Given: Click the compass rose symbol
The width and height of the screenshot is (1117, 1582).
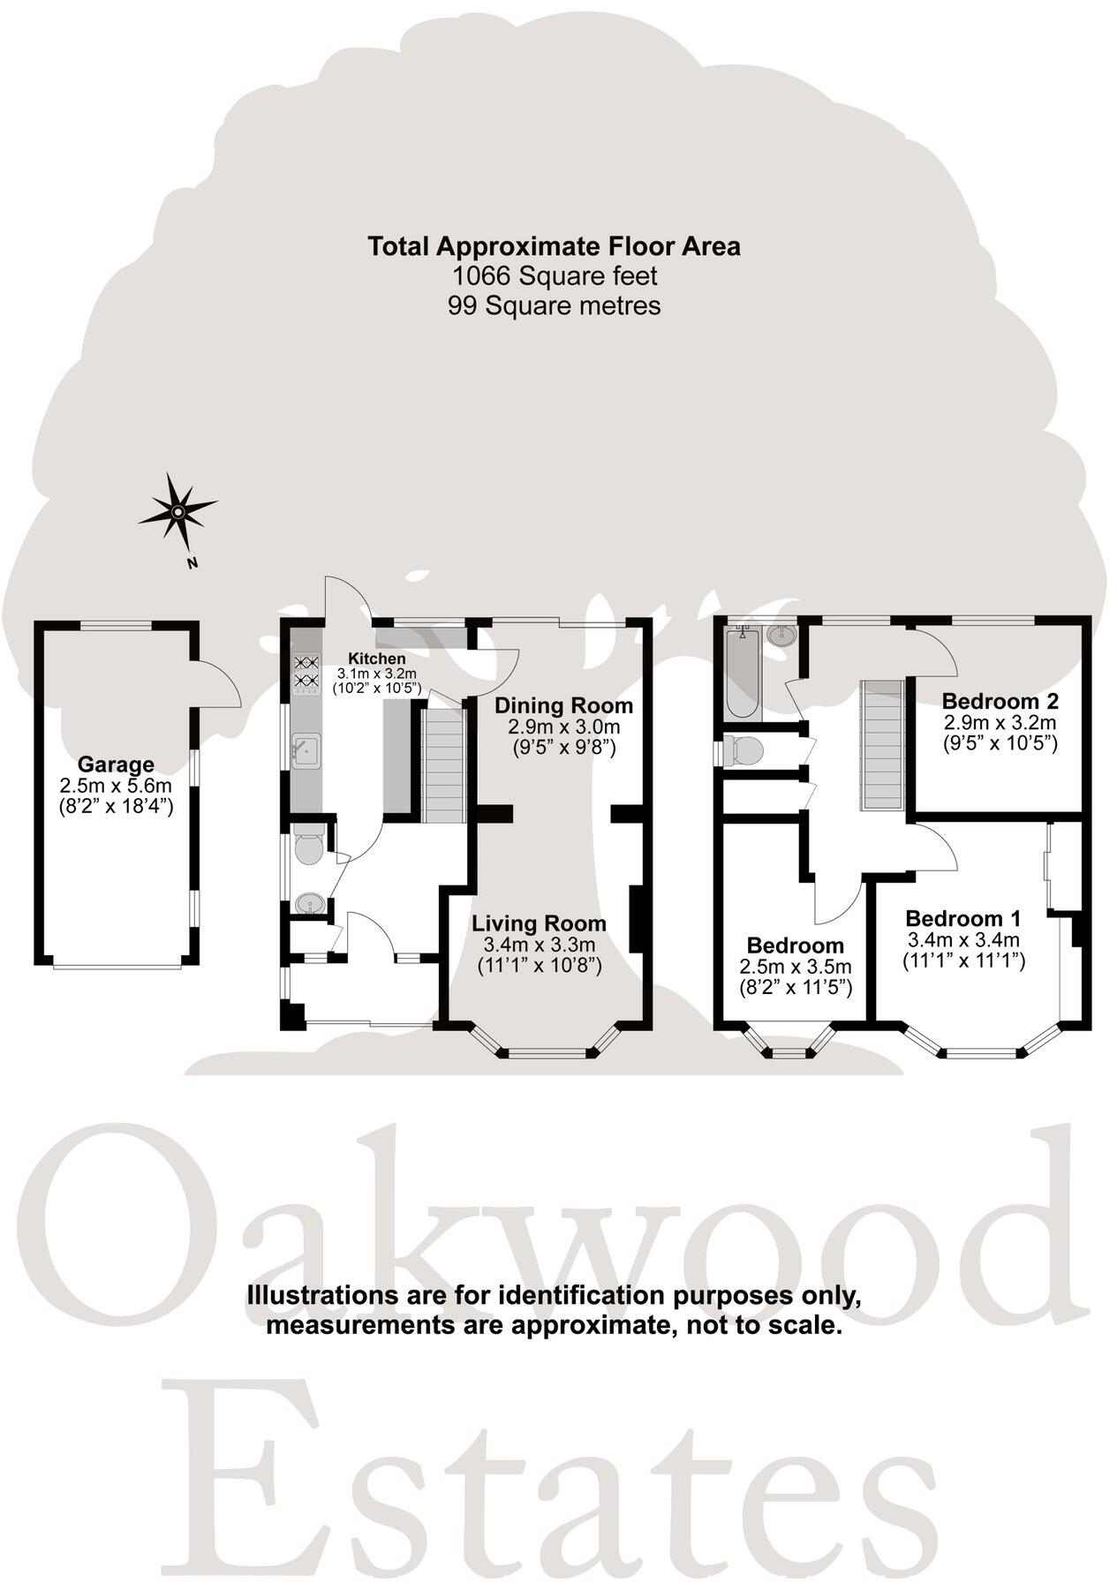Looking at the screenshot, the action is (x=177, y=511).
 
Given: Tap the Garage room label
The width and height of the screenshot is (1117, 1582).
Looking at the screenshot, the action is (x=116, y=765).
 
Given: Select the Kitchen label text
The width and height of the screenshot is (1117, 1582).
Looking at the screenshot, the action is (x=377, y=659).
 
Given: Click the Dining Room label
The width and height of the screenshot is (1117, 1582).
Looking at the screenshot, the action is (x=563, y=705).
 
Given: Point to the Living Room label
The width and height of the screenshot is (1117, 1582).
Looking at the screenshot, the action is (x=539, y=923).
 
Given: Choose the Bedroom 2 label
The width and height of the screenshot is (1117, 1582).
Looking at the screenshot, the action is (x=1000, y=701).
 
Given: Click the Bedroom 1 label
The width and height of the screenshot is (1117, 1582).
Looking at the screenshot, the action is (x=962, y=917).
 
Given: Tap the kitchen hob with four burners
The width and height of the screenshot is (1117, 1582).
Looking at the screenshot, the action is (x=306, y=671).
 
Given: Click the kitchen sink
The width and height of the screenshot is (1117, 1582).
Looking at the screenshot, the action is (x=305, y=750).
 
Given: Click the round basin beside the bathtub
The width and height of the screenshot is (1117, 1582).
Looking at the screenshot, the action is (x=781, y=635).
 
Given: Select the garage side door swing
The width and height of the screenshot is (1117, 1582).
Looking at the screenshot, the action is (x=216, y=685).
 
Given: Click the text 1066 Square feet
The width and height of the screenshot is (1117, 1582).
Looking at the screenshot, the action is (x=555, y=276).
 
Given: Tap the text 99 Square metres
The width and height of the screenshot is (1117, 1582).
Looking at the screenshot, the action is (x=555, y=305).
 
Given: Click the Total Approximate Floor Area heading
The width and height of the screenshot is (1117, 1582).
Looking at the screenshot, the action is (x=555, y=246).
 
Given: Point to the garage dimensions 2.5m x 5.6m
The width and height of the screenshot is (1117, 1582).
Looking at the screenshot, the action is (x=116, y=785).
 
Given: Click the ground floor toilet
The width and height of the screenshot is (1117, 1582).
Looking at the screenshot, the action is (x=308, y=847).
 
